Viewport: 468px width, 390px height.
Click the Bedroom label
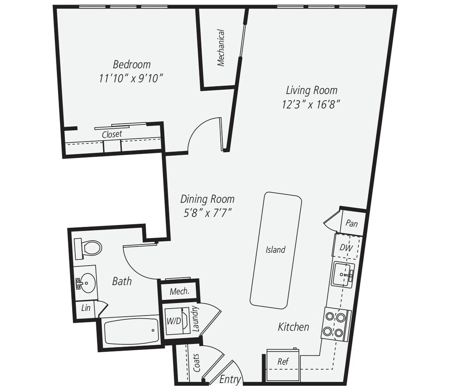coord(132,64)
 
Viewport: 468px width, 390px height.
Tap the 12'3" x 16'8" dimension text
coord(311,104)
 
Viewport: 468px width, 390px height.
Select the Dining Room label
coord(207,199)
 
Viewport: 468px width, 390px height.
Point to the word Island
coord(275,250)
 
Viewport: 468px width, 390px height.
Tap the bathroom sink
coord(86,280)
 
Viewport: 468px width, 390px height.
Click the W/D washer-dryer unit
coord(174,321)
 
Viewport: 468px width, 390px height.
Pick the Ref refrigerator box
coord(283,361)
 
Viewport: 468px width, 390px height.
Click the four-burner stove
coord(335,324)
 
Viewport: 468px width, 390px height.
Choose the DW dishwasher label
coord(346,248)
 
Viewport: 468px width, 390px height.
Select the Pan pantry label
coord(352,224)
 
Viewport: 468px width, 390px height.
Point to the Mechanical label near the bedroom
coord(221,48)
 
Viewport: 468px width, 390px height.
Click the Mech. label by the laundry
coord(178,292)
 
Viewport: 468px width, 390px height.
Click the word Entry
coord(230,379)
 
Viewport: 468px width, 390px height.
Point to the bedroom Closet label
coord(112,134)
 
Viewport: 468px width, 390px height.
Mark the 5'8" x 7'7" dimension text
coord(207,213)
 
